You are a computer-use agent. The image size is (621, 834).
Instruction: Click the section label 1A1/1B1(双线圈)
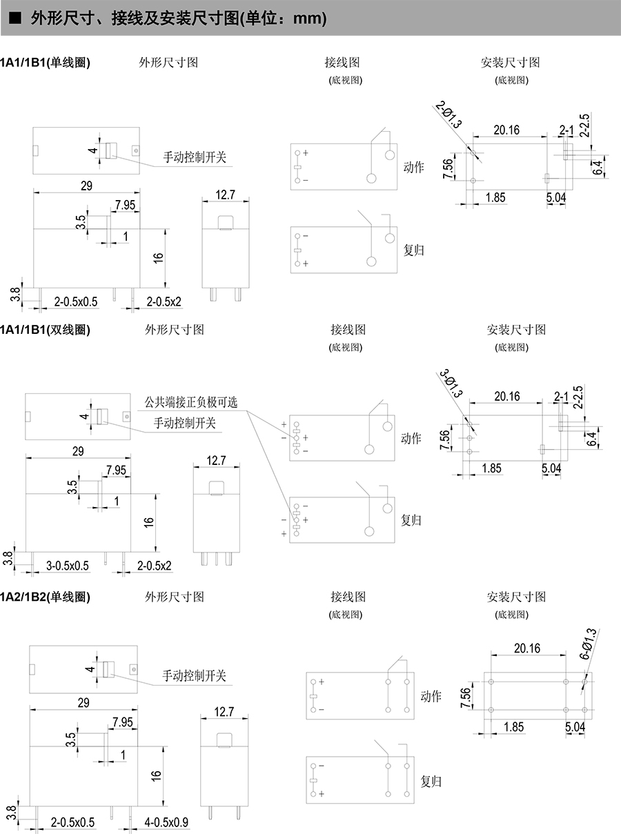point(46,330)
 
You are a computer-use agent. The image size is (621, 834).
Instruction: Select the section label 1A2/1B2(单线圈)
point(46,597)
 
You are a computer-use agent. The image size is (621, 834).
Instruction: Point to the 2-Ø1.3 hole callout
point(448,115)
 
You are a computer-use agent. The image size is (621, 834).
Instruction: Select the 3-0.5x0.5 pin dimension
point(68,566)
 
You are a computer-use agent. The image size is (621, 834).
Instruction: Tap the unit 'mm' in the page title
point(308,19)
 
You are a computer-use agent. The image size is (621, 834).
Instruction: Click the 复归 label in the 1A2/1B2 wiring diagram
point(431,781)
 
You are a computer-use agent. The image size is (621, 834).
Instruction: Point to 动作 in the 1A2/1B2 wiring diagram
point(431,696)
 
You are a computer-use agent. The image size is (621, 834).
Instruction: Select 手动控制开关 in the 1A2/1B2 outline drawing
point(195,676)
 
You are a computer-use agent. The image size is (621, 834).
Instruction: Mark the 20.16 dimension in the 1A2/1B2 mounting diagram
point(527,648)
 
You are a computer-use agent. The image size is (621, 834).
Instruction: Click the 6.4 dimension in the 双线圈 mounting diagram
point(591,437)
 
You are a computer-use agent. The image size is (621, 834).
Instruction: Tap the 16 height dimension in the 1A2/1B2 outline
point(157,774)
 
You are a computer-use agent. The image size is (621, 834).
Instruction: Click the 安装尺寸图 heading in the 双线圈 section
point(516,330)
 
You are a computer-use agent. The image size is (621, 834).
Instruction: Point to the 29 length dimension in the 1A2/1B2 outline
point(83,703)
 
